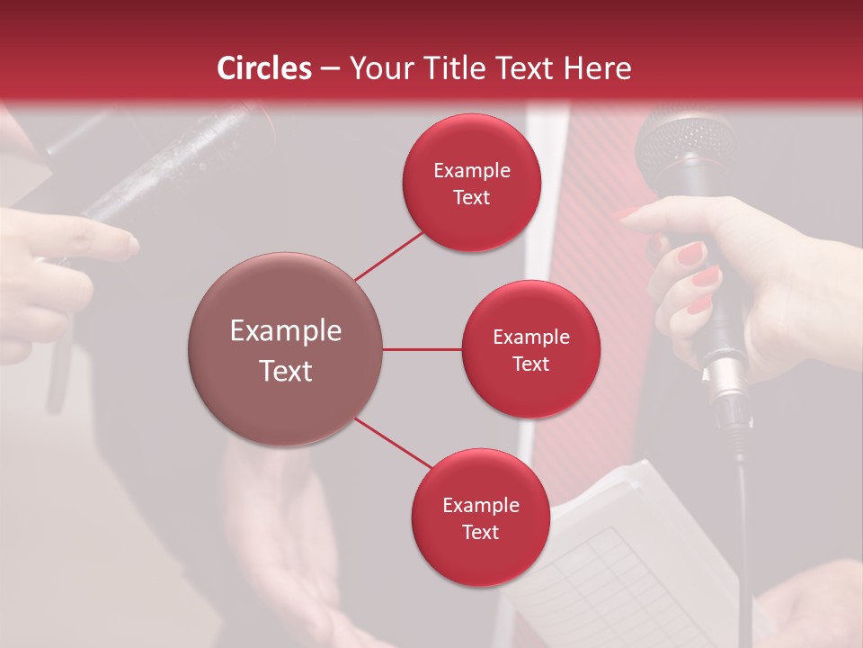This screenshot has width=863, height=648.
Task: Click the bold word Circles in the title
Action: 263,68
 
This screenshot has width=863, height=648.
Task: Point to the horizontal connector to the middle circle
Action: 423,349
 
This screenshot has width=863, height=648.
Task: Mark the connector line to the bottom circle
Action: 394,443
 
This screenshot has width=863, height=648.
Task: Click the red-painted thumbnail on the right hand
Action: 690,254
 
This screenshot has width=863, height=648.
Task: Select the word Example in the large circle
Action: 286,331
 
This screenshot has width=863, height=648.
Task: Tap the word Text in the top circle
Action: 471,198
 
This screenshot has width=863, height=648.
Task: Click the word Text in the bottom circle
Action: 480,533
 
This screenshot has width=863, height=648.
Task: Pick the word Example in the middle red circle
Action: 530,337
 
